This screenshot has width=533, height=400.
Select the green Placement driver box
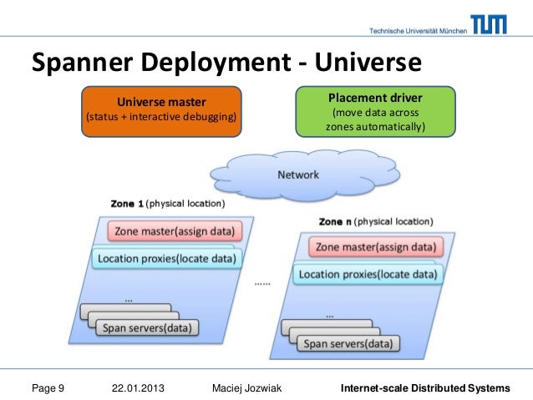point(375,109)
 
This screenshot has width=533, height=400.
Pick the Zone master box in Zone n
point(374,247)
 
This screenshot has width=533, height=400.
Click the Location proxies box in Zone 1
point(166,258)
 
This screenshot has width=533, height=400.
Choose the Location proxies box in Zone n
point(368,274)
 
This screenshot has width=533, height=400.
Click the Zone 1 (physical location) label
point(167,203)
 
